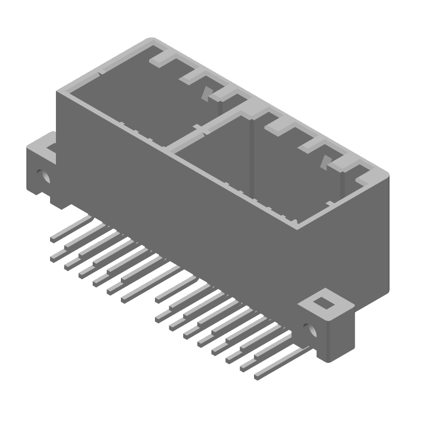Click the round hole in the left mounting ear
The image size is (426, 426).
(x=41, y=174)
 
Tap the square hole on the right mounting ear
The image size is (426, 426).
(x=323, y=303)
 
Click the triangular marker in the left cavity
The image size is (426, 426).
(x=205, y=94)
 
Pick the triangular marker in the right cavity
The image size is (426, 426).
(x=324, y=162)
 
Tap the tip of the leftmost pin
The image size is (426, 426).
(x=53, y=240)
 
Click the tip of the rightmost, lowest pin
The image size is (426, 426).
(x=257, y=377)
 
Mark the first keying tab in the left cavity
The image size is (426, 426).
(x=161, y=58)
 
